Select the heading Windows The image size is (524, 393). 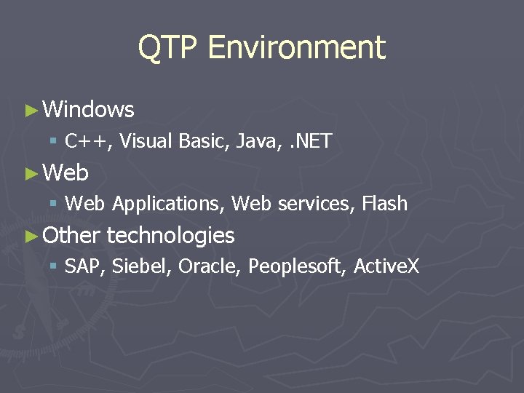[89, 110]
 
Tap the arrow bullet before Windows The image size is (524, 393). [31, 111]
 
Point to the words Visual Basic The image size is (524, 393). [174, 141]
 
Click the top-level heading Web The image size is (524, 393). [66, 173]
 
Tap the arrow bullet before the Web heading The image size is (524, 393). [31, 174]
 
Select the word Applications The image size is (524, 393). [168, 205]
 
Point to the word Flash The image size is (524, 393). [384, 205]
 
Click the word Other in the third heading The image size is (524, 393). [71, 236]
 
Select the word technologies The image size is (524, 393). [170, 236]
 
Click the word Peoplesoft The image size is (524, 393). [297, 267]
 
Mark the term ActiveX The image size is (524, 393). [386, 267]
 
